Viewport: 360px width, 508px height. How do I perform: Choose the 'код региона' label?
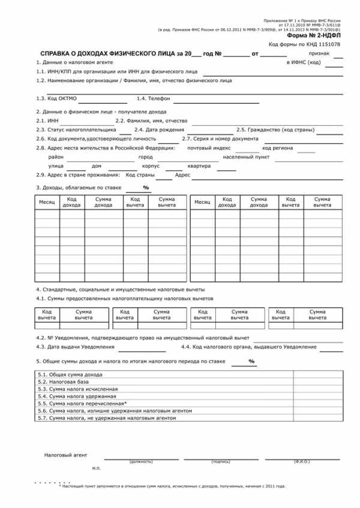(277, 148)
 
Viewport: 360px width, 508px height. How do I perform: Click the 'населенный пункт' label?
(246, 157)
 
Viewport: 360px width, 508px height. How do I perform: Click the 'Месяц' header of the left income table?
(47, 202)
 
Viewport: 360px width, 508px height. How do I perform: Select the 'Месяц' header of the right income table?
(202, 202)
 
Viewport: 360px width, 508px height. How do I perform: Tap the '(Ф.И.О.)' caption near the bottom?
(302, 462)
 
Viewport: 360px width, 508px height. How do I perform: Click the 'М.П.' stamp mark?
(97, 467)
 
